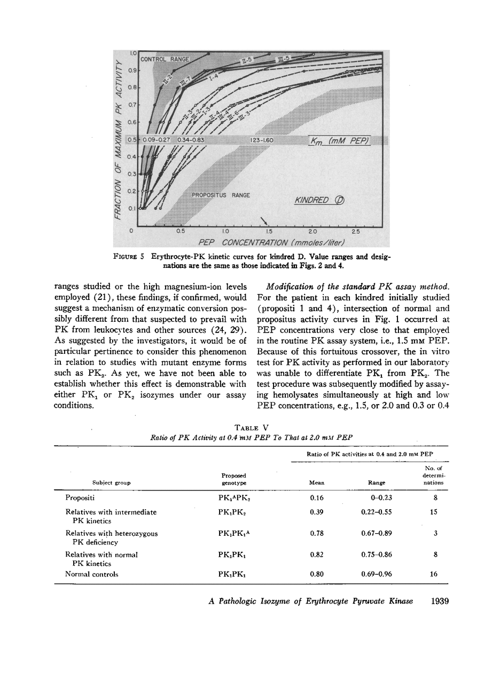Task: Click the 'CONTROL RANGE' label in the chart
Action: pos(165,59)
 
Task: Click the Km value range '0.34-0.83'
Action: pos(191,140)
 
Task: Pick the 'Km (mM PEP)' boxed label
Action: pos(340,140)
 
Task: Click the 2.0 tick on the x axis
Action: pos(312,232)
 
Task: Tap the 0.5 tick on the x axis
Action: pos(181,232)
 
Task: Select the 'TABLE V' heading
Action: pos(251,428)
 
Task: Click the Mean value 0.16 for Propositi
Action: pos(317,498)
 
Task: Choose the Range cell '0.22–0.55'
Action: pos(377,512)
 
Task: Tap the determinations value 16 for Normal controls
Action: pos(433,574)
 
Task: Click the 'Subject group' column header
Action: pos(111,482)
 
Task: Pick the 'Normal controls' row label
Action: pos(91,574)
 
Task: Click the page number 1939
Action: pos(439,601)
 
